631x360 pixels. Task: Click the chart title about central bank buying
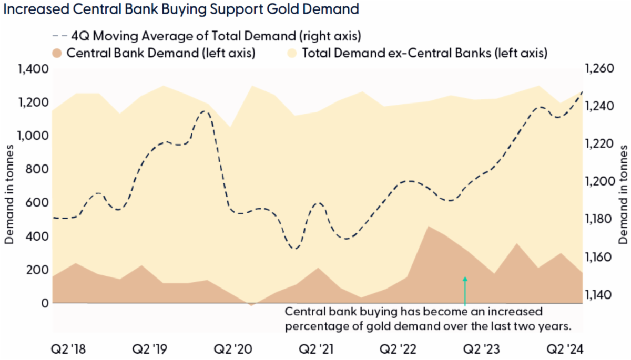(181, 9)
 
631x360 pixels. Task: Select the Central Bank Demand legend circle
(58, 53)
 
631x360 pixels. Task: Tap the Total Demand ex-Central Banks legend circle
(292, 53)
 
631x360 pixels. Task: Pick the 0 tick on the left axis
(45, 303)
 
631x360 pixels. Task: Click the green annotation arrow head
(465, 279)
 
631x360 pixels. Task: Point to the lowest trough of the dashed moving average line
(296, 248)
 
